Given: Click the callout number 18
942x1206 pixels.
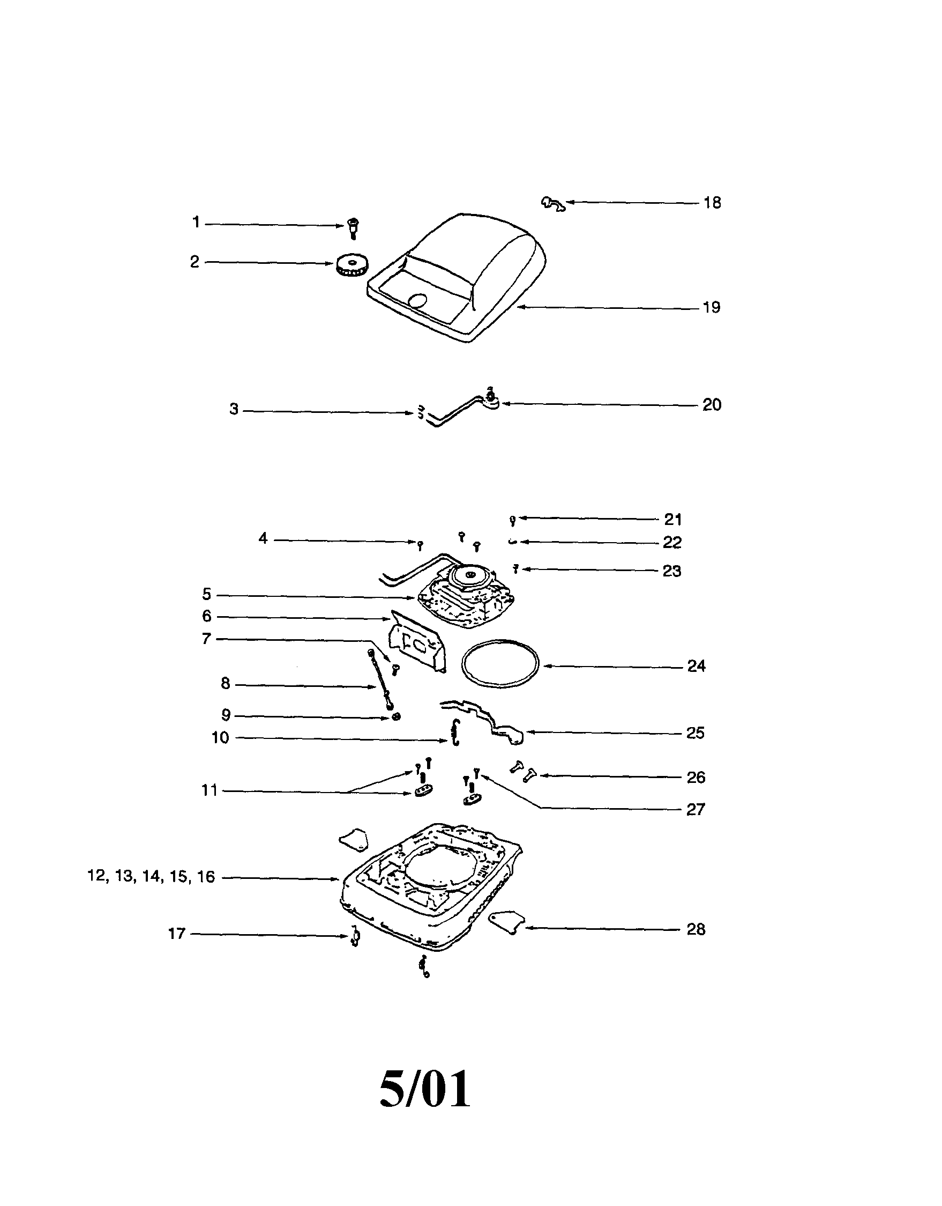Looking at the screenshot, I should [x=712, y=203].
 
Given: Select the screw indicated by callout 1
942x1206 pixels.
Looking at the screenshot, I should [x=353, y=227].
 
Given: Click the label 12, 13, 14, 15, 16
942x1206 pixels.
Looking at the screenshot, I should [x=151, y=877].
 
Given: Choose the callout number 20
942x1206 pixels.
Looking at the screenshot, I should [x=712, y=405].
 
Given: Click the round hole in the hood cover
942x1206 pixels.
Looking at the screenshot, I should [x=417, y=300].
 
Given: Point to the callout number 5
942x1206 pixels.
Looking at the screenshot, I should [x=206, y=594].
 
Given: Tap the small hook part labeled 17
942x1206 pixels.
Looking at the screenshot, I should [x=355, y=937].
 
